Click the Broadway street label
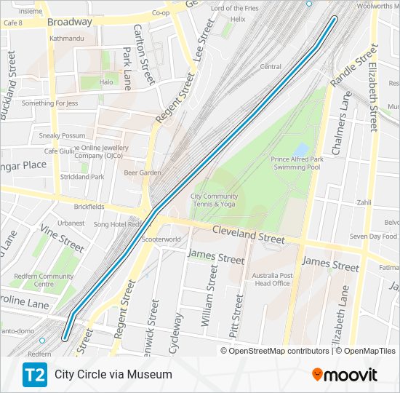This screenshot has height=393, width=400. point(70,22)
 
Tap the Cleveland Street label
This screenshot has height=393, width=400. point(248,234)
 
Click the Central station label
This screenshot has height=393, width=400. point(271,67)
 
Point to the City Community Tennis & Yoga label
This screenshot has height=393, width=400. point(214,200)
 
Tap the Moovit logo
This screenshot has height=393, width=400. point(345,375)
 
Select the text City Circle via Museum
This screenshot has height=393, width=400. point(113,375)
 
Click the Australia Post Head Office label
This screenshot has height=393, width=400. point(271,279)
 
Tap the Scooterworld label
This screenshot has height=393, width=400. point(161,239)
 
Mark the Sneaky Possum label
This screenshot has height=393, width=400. point(62,135)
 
